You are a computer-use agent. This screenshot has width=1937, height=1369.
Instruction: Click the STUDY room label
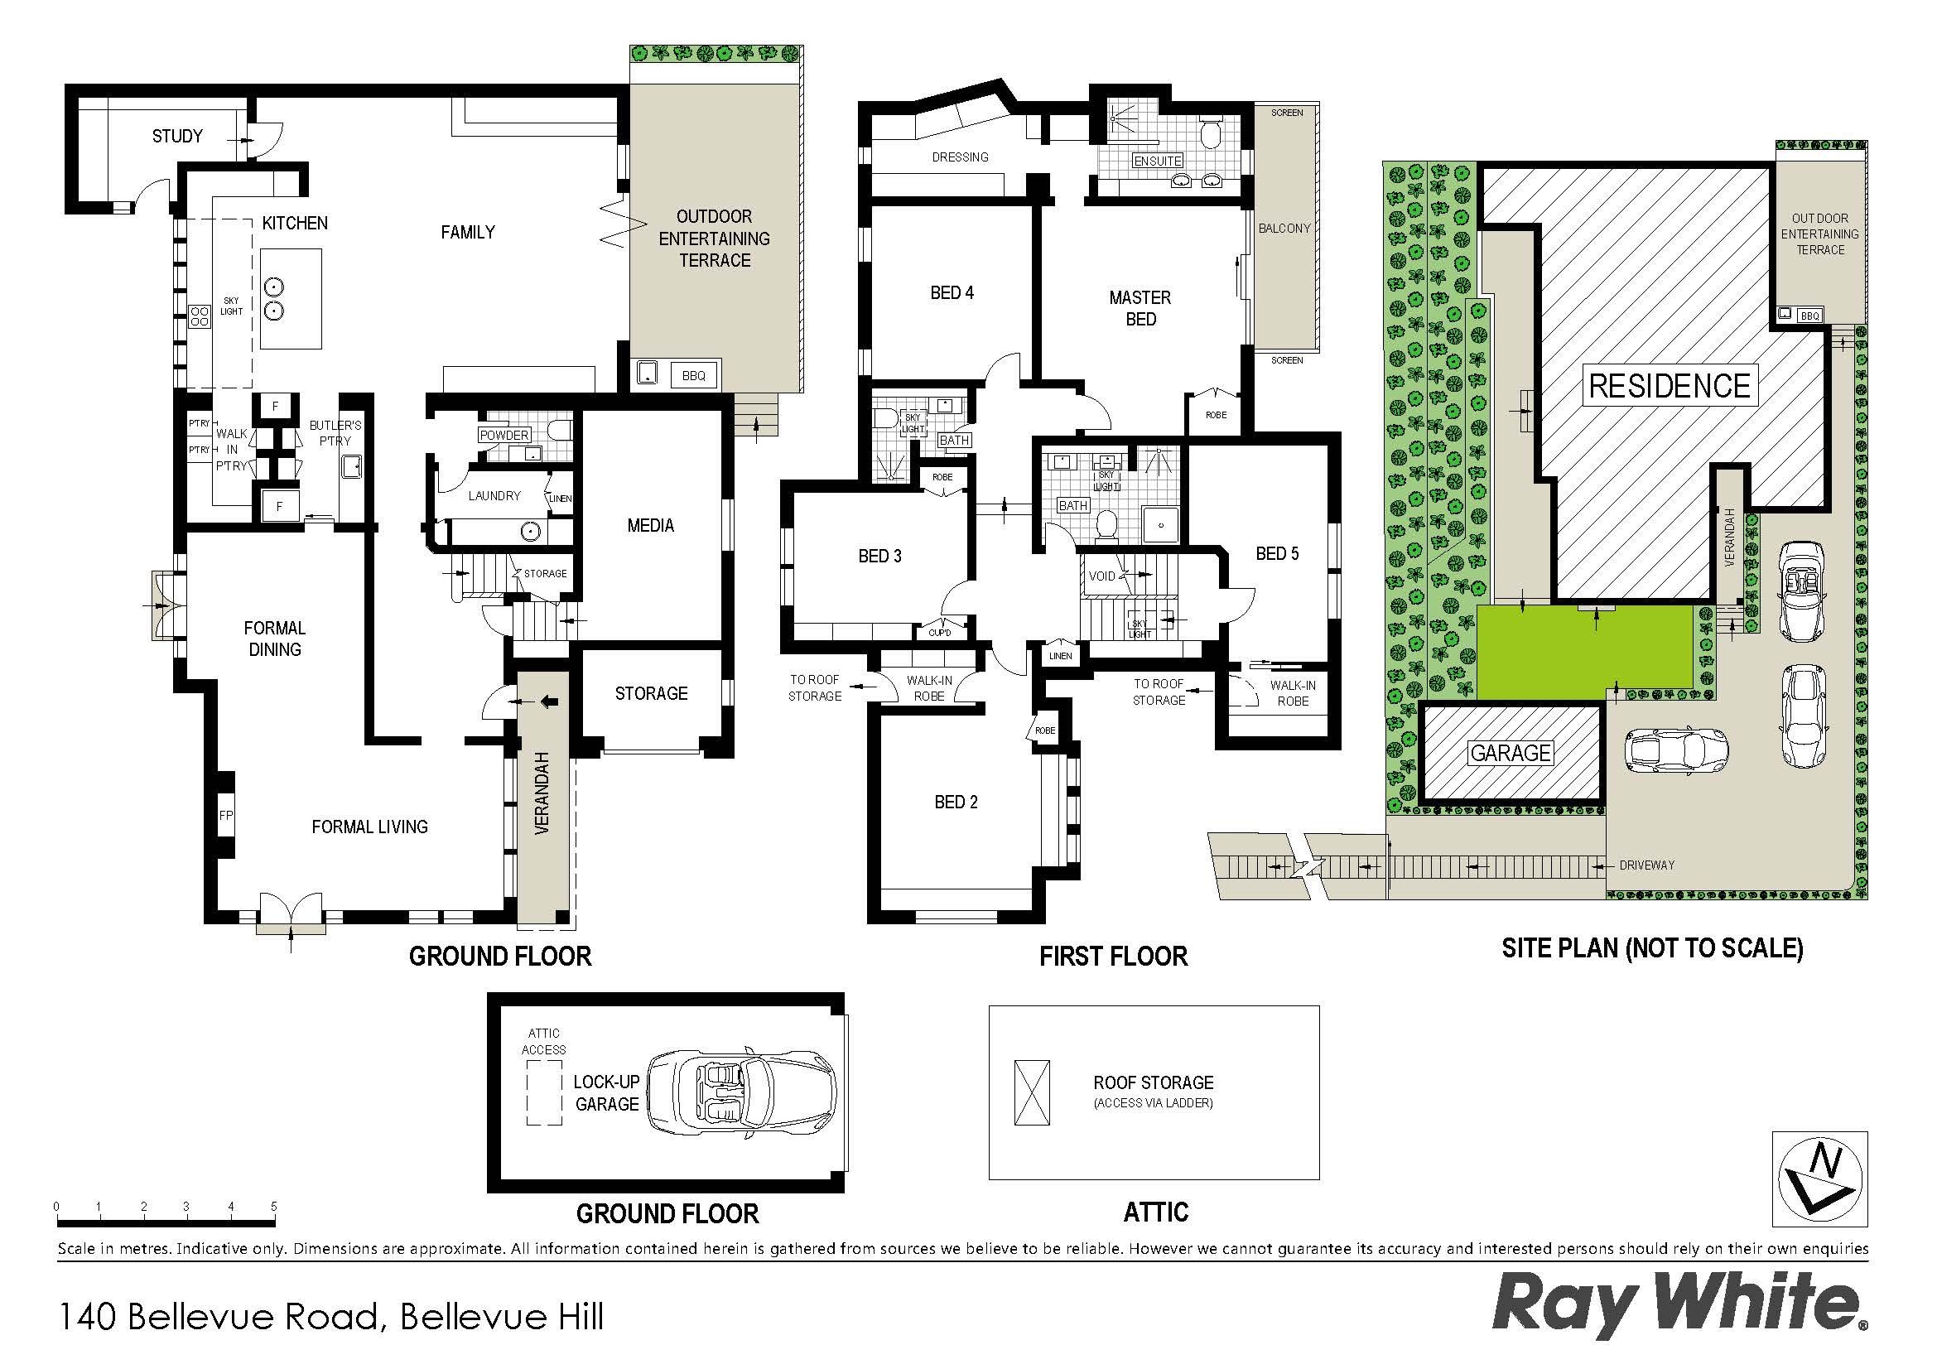click(x=177, y=136)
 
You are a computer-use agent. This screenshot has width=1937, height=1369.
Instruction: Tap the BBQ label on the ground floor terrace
click(x=693, y=375)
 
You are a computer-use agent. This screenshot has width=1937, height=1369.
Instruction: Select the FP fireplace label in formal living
click(x=225, y=815)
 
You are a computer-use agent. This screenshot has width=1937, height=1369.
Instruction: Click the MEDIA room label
click(x=650, y=526)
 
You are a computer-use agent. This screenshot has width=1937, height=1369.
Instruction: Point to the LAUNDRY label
click(x=494, y=495)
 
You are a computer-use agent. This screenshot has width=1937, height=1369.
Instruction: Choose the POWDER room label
click(x=504, y=436)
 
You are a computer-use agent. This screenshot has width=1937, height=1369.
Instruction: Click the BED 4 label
click(x=952, y=292)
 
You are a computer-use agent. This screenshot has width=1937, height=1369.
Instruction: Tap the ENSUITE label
click(x=1158, y=161)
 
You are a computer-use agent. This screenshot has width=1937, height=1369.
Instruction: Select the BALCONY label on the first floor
click(x=1284, y=228)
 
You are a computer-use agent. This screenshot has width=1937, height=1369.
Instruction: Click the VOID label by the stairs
click(x=1101, y=576)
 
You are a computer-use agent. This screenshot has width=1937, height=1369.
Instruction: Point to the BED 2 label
click(x=956, y=803)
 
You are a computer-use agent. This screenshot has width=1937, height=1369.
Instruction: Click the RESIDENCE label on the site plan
click(x=1670, y=385)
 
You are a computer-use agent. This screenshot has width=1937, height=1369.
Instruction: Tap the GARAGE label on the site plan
click(x=1511, y=752)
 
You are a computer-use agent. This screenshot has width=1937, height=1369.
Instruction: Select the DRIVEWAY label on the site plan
click(x=1647, y=865)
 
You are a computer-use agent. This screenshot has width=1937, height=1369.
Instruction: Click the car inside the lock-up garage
click(x=741, y=1094)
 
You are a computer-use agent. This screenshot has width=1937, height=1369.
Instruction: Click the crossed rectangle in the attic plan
click(x=1033, y=1093)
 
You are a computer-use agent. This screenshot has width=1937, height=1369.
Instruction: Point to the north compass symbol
click(x=1819, y=1179)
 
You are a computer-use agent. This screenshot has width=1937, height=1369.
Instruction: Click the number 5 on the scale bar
click(x=273, y=1206)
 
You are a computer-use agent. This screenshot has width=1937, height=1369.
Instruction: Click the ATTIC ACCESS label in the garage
click(x=543, y=1042)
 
